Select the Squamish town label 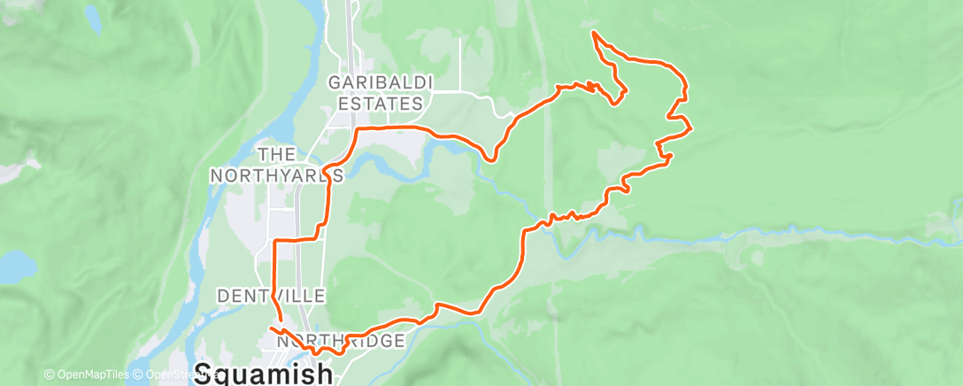pyautogui.click(x=263, y=374)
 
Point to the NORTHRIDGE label pyautogui.click(x=341, y=341)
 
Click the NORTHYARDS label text pyautogui.click(x=275, y=175)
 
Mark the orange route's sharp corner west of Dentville pyautogui.click(x=274, y=241)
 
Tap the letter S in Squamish pyautogui.click(x=203, y=374)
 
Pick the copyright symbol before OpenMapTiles pyautogui.click(x=50, y=374)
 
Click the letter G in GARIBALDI pyautogui.click(x=335, y=82)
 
